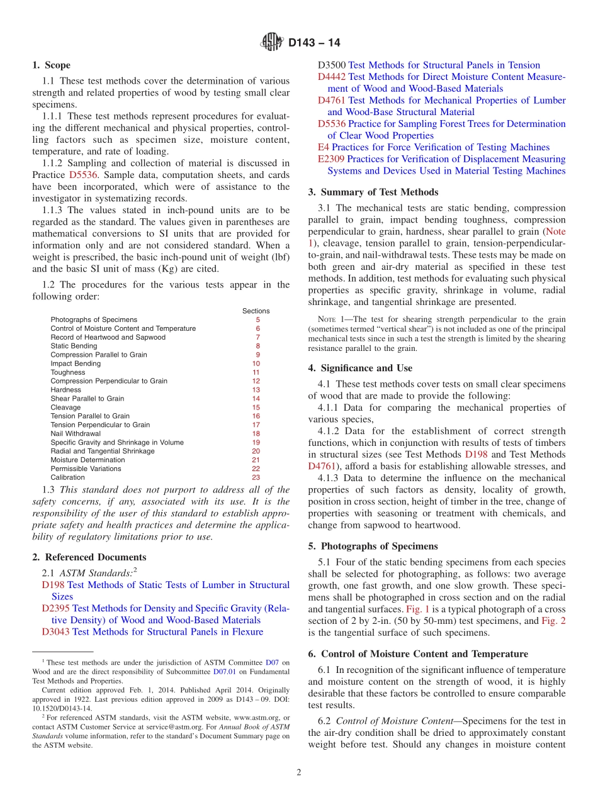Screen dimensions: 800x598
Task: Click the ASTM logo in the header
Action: coord(272,43)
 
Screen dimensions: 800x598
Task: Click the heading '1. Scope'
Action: coord(51,65)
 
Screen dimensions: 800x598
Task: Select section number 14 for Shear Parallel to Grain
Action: coord(256,399)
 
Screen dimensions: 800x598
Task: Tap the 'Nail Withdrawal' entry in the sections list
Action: coord(76,434)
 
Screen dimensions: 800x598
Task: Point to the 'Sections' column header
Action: coord(256,311)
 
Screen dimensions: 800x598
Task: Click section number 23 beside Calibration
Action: coord(256,477)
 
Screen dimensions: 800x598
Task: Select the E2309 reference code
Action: coord(331,159)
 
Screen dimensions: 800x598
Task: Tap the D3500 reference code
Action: coord(332,65)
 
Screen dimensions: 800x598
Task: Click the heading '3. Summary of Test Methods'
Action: coord(373,192)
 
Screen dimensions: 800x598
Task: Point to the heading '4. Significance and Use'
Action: coord(360,368)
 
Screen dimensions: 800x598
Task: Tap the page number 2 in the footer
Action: coord(299,772)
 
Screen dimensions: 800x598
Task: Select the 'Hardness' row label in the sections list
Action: coord(65,390)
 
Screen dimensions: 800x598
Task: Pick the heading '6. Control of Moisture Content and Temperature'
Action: coord(418,654)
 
